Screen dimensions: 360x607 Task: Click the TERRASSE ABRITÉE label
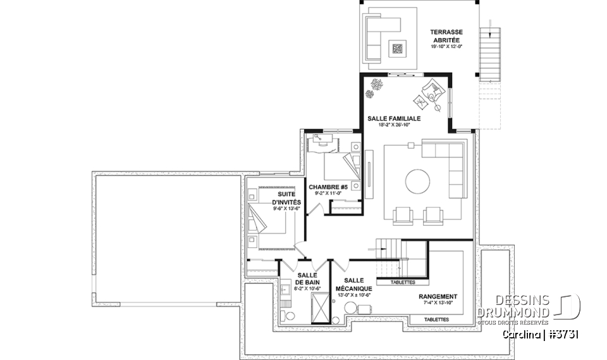(447, 35)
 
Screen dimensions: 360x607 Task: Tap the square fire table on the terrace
(397, 47)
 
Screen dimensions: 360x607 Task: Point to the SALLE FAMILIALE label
(394, 118)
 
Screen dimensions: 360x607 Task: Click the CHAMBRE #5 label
(328, 187)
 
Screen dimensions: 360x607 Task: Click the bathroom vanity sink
(285, 290)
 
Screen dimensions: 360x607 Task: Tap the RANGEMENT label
(438, 296)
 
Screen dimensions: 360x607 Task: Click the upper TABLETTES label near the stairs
(403, 282)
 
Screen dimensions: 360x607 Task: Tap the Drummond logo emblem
(571, 306)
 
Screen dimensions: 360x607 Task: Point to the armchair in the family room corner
(434, 92)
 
